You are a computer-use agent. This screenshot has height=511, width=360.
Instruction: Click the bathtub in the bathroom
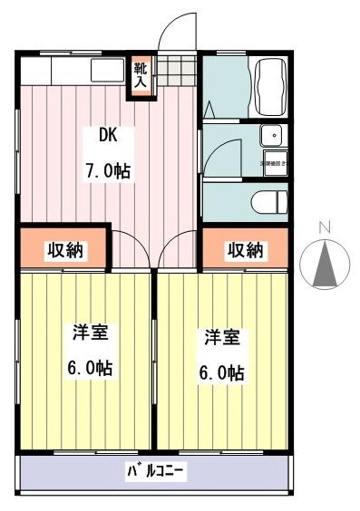[x=269, y=86]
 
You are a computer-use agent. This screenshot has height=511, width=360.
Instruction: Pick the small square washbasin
[x=271, y=137]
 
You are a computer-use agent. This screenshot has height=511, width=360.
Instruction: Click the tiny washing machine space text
[x=272, y=163]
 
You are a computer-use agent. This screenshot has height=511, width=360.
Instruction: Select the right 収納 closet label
[x=246, y=249]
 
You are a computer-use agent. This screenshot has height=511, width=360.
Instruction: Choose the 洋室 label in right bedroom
[x=220, y=338]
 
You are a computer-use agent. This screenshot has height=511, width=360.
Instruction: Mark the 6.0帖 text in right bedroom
[x=221, y=373]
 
